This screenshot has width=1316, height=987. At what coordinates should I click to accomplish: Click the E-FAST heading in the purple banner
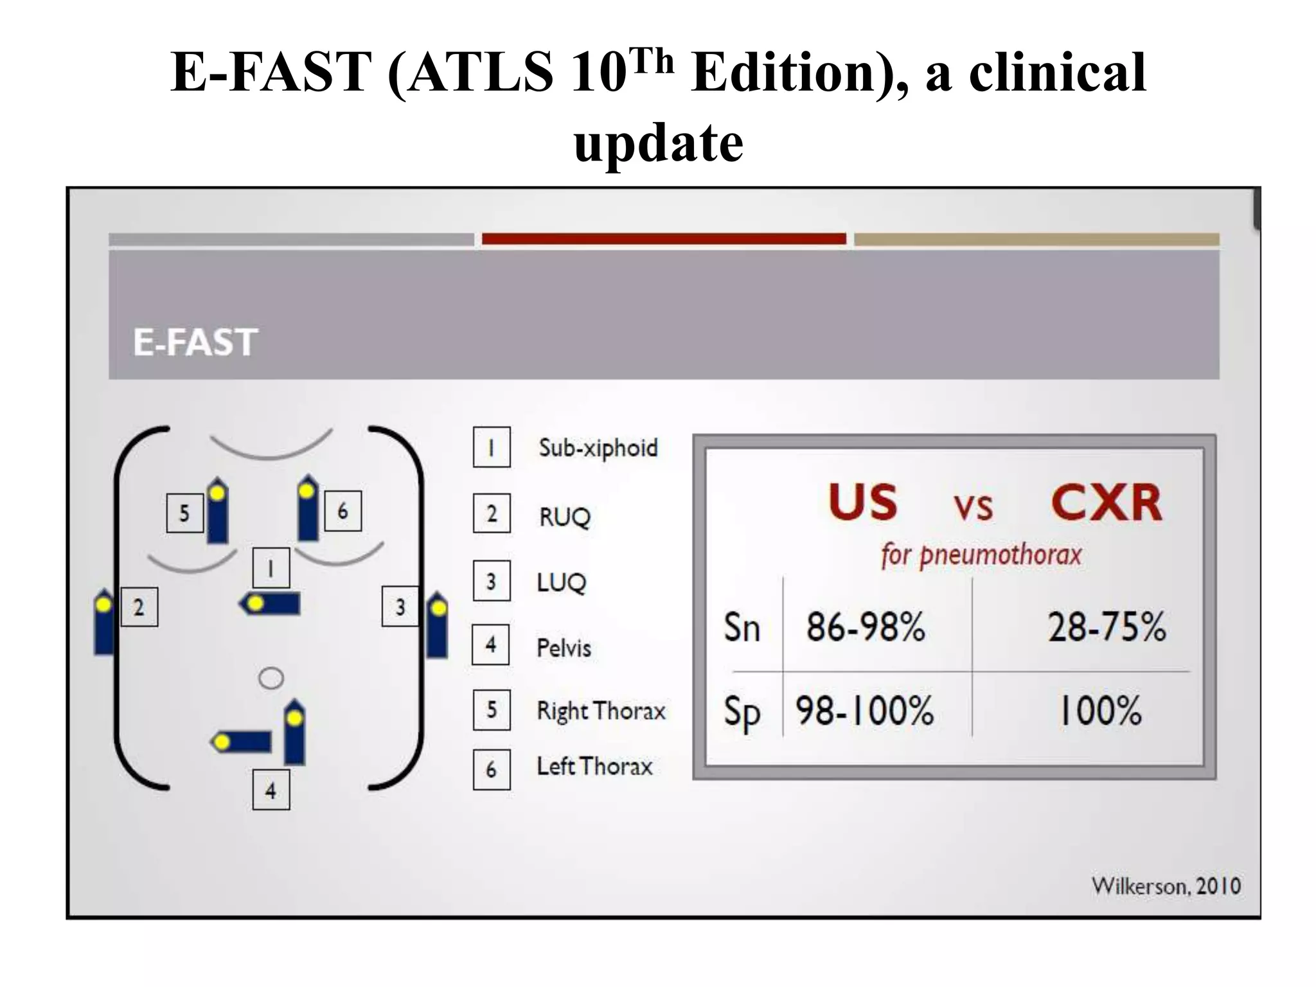(x=195, y=342)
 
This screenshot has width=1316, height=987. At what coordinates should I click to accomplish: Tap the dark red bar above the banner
(x=663, y=239)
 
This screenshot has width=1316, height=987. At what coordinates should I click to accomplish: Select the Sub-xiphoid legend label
(x=598, y=448)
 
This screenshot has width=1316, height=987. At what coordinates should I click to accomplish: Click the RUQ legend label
(x=564, y=516)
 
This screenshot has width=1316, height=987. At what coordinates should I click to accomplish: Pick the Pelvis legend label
(x=564, y=648)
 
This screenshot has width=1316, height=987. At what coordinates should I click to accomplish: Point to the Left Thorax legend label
(x=594, y=767)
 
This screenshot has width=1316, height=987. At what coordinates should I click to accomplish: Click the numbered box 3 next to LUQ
(x=492, y=582)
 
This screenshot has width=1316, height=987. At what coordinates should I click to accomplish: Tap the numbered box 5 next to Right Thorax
(x=492, y=710)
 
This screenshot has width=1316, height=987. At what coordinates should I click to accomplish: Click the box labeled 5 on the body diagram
(x=184, y=513)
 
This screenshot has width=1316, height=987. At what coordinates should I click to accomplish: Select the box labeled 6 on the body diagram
(x=342, y=511)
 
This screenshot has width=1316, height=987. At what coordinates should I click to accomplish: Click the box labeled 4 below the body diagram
(x=271, y=790)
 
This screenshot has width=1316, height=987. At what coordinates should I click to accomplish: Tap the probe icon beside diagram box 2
(x=103, y=621)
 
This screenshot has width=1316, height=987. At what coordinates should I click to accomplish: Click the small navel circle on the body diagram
(x=271, y=679)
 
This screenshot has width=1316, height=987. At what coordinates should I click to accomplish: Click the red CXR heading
(x=1106, y=503)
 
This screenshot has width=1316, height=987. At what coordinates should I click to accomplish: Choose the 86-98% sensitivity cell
(x=865, y=627)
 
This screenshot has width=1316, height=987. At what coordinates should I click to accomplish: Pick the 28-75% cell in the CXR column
(x=1107, y=627)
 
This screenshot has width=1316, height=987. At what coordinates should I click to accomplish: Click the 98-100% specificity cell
(x=864, y=711)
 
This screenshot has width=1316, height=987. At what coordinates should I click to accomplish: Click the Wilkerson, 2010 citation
(x=1166, y=886)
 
